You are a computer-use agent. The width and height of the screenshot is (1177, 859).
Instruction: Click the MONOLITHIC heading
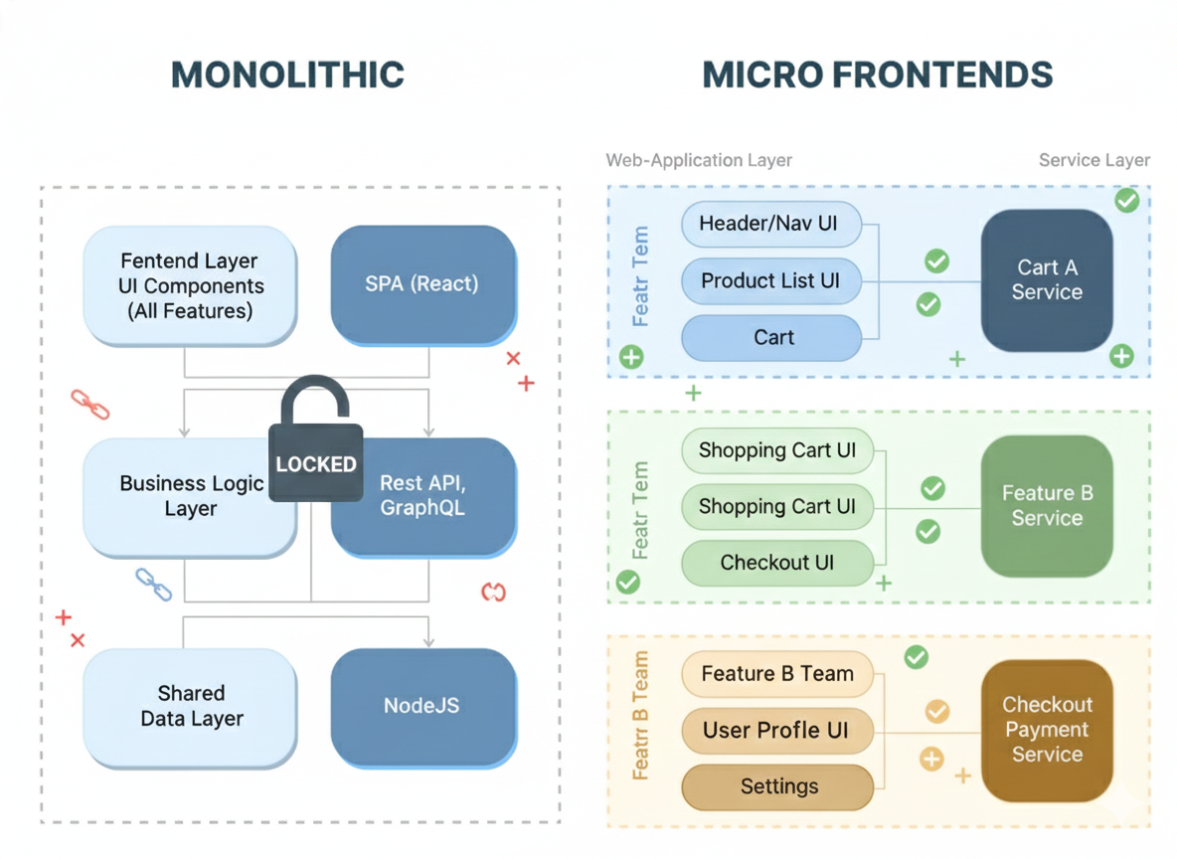287,76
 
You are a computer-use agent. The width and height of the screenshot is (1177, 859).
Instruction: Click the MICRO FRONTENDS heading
877,76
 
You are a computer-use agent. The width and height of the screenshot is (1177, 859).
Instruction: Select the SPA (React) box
422,283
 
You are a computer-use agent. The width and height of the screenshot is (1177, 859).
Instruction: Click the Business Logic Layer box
189,496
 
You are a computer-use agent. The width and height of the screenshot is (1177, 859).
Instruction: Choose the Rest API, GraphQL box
422,495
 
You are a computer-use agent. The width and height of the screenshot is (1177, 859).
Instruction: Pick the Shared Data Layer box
190,706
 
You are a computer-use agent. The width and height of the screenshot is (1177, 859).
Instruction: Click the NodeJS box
422,706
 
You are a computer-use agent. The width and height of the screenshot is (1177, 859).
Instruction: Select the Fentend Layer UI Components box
190,285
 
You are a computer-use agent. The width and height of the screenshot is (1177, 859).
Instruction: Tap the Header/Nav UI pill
770,224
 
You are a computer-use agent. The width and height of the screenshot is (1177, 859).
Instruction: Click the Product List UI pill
770,280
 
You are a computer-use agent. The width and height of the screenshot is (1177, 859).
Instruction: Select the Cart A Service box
1046,279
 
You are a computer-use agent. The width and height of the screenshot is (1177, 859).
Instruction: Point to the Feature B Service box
1046,505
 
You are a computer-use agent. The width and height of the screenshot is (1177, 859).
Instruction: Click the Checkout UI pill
776,563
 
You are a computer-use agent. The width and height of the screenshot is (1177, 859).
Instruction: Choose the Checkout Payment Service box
1046,729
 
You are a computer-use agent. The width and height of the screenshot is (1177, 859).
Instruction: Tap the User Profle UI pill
776,731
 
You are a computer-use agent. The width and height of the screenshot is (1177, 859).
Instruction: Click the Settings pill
778,786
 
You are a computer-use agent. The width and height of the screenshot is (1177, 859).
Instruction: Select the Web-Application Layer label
699,160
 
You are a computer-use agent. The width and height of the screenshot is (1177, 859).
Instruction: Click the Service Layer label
1093,160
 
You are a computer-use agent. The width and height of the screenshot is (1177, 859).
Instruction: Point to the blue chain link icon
153,585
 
